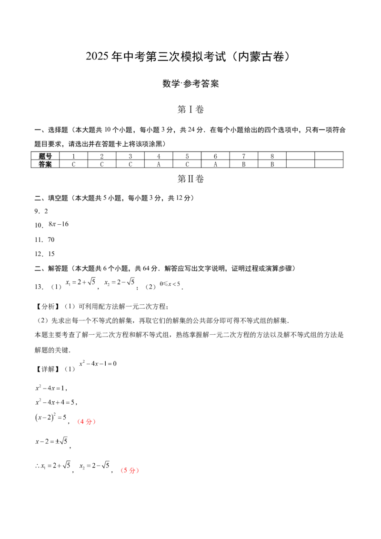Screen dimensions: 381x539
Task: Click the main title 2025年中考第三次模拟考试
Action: (x=156, y=56)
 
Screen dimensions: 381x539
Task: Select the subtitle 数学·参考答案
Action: (x=190, y=83)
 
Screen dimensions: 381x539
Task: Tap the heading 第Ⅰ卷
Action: (x=190, y=110)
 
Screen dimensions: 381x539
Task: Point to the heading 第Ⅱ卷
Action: (x=190, y=179)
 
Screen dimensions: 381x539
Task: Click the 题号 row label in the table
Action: (x=45, y=156)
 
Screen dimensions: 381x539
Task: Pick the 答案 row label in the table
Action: (x=45, y=164)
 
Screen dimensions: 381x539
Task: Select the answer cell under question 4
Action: (x=159, y=164)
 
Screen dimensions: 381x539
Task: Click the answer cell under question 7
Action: (x=244, y=164)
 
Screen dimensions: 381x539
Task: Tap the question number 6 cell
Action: (x=215, y=156)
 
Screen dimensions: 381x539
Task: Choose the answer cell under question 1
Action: (x=73, y=164)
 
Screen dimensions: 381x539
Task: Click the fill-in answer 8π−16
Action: (x=59, y=224)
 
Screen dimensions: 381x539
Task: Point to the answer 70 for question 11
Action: (x=51, y=240)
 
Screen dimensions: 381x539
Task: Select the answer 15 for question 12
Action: (x=51, y=254)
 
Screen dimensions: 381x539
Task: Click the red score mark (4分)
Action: (x=86, y=421)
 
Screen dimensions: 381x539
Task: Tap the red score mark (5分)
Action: (x=130, y=470)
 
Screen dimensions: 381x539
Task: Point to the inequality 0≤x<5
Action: (x=170, y=284)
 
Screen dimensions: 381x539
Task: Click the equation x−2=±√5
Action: (x=51, y=441)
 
